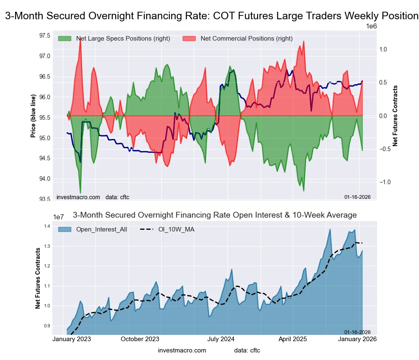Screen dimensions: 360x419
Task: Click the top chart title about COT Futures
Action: pyautogui.click(x=212, y=16)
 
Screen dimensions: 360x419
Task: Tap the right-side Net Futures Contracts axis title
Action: pyautogui.click(x=395, y=116)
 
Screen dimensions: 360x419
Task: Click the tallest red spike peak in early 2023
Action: pyautogui.click(x=80, y=39)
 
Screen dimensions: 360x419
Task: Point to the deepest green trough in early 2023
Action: pyautogui.click(x=80, y=193)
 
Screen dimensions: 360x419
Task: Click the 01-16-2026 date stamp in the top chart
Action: pyautogui.click(x=357, y=197)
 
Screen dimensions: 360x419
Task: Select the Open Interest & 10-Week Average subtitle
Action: pyautogui.click(x=215, y=215)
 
